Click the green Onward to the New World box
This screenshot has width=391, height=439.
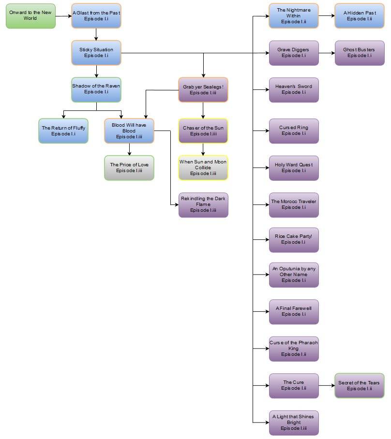(x=30, y=16)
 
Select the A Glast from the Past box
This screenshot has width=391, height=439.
(x=96, y=16)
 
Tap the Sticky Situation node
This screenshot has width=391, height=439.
(x=96, y=53)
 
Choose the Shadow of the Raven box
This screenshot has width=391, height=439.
(x=96, y=89)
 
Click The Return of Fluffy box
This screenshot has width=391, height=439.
(x=63, y=131)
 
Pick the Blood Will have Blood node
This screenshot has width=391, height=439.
(x=129, y=131)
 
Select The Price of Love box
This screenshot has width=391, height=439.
(x=129, y=168)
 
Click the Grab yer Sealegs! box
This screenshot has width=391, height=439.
(x=203, y=89)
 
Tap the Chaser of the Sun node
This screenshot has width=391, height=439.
(x=203, y=131)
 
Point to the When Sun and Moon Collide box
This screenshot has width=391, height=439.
(x=203, y=168)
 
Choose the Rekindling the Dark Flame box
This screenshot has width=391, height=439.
(x=203, y=205)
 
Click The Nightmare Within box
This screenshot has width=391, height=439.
(x=294, y=16)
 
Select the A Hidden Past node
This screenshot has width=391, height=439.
(x=360, y=16)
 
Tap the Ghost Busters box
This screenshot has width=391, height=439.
(x=360, y=53)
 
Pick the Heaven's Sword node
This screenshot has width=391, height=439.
(x=294, y=89)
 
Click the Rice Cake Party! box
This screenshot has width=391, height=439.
(x=294, y=239)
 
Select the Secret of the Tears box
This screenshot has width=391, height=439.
(x=360, y=386)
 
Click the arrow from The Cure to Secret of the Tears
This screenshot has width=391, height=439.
(x=327, y=386)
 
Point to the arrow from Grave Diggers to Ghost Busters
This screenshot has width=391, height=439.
(x=327, y=53)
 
